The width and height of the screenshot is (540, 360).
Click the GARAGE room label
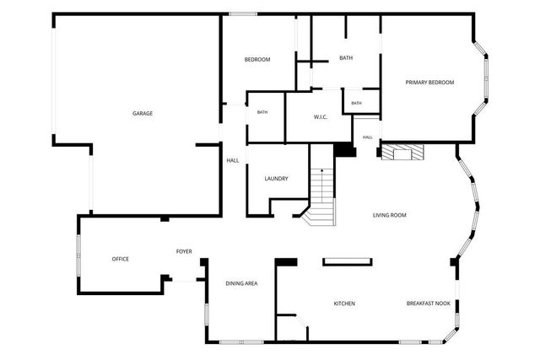coord(143,113)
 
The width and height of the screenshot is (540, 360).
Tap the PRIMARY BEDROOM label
coord(429,83)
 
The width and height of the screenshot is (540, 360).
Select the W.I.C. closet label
coord(321,117)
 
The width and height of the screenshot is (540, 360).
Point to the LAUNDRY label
coord(276,179)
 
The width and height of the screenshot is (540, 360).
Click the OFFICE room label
coord(120,259)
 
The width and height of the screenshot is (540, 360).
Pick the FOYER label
coord(184,251)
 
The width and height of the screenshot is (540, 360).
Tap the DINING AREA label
coord(241,283)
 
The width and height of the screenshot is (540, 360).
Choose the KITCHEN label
coord(344,304)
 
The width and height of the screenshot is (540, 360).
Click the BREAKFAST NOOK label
coord(429,304)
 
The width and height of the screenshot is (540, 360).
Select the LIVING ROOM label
coord(390,215)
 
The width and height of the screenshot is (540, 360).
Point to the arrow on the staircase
coord(322,185)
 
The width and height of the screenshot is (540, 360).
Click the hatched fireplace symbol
coord(403,152)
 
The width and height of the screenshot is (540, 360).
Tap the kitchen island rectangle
coord(348,262)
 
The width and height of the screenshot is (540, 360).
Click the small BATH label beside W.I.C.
coord(356,103)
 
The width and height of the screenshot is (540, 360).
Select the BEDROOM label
coord(257,60)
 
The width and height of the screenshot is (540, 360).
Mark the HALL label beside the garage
coord(233,160)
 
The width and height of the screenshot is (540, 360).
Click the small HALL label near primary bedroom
coord(368,137)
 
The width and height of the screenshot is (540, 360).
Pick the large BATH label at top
coord(346,58)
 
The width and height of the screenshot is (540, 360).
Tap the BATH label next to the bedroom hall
coord(262,112)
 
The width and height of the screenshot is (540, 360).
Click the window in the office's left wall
coord(78,255)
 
